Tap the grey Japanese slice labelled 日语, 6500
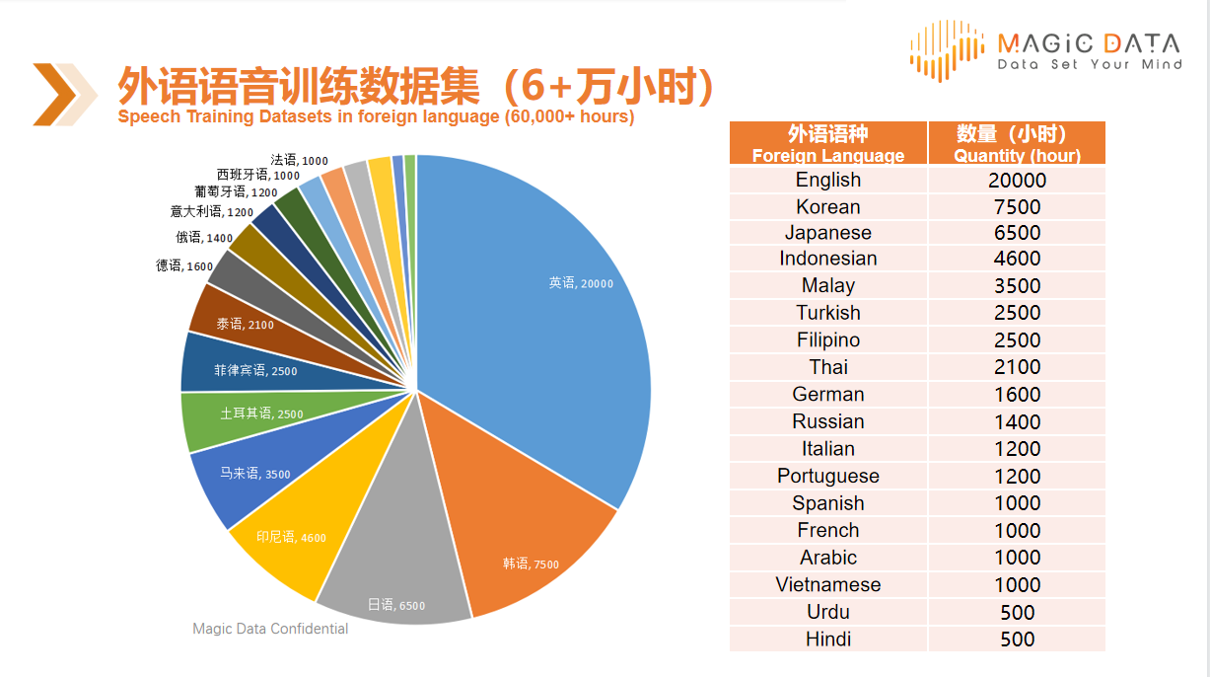(394, 582)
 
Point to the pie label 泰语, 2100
(245, 324)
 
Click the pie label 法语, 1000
(299, 160)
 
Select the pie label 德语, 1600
(184, 266)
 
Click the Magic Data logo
(1044, 49)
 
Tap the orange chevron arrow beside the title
(64, 95)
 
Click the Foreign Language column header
(828, 144)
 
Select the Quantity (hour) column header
(1017, 144)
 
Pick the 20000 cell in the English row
(1017, 181)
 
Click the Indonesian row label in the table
(828, 259)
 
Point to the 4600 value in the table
(1017, 259)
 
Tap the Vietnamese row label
(828, 584)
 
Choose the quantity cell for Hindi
(1017, 639)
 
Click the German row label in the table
(828, 395)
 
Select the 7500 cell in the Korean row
(1017, 207)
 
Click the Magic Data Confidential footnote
(270, 629)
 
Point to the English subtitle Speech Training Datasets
(375, 116)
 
